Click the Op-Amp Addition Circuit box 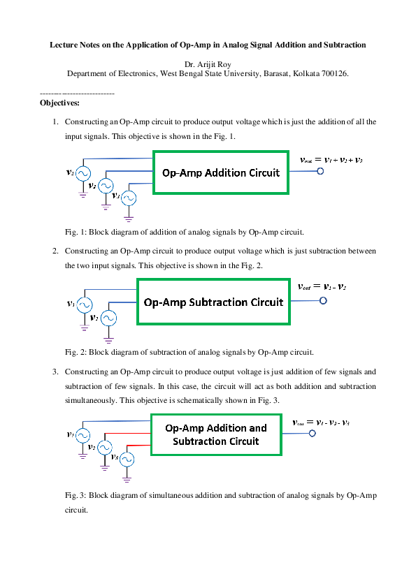[220, 173]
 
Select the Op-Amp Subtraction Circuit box [213, 302]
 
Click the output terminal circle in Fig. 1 [321, 172]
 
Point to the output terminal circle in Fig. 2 [323, 301]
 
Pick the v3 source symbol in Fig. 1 [129, 198]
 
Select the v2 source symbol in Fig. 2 [108, 318]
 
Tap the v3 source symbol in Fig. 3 [127, 459]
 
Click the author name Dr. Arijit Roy [207, 64]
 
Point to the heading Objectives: [59, 103]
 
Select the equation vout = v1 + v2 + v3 [331, 159]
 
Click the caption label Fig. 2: [76, 352]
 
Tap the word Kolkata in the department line [304, 73]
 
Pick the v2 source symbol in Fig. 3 [105, 446]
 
